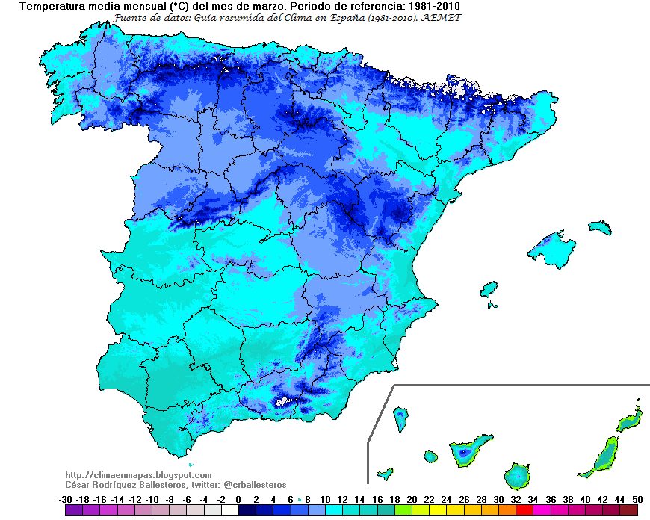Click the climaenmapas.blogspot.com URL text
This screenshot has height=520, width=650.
[x=138, y=475]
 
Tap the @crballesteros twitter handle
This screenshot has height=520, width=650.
[x=255, y=485]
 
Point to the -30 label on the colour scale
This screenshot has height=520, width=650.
[x=65, y=499]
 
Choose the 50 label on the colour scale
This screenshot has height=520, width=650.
[x=637, y=499]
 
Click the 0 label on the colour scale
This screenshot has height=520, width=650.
[x=238, y=499]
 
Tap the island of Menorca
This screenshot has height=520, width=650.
[x=599, y=227]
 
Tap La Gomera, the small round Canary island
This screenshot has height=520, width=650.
[x=430, y=456]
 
